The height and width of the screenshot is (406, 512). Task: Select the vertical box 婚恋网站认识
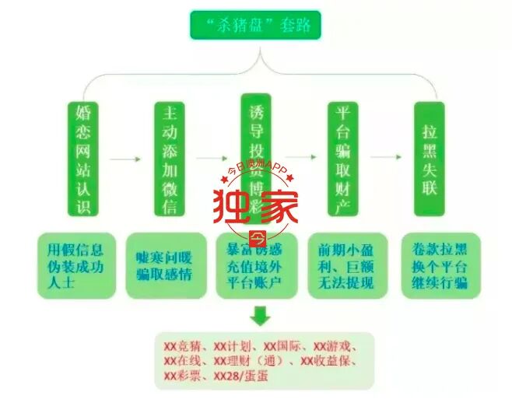point(83,159)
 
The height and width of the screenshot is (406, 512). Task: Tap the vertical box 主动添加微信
point(170,159)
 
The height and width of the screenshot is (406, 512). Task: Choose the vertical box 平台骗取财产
point(342,159)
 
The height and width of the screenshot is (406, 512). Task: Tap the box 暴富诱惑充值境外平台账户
point(256,265)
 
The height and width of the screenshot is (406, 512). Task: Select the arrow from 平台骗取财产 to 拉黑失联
point(385,157)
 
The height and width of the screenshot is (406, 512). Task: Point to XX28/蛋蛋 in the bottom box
point(238,376)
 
